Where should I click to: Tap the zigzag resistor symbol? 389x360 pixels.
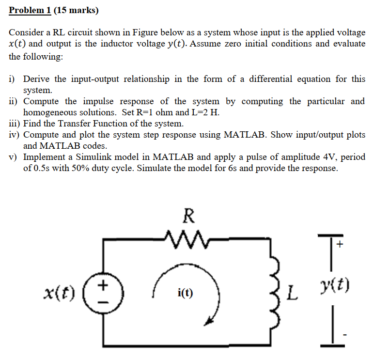tap(189, 237)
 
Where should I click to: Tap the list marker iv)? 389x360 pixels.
tap(15, 135)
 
